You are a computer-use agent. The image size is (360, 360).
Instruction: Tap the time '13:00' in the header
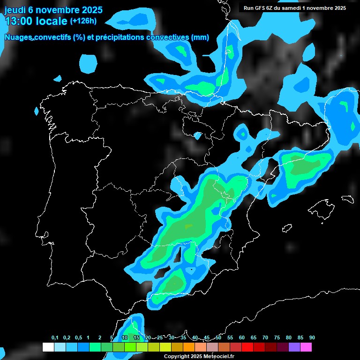point(19,21)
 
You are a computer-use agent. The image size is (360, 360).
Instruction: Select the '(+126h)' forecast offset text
point(83,21)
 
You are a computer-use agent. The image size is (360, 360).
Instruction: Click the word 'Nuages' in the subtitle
point(19,37)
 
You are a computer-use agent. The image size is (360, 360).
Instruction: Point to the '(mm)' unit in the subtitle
point(200,37)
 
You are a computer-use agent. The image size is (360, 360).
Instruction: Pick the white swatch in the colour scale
point(48,347)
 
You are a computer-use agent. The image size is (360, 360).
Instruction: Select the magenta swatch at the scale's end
point(306,347)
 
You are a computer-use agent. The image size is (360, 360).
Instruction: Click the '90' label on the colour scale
point(312,338)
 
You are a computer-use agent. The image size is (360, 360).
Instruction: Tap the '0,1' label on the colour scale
point(55,338)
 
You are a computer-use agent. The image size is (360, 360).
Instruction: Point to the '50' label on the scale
point(218,338)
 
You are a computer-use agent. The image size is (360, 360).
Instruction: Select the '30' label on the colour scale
point(172,338)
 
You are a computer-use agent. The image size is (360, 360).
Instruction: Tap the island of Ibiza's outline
point(286,229)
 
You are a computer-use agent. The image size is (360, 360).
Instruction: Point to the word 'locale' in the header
point(52,21)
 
